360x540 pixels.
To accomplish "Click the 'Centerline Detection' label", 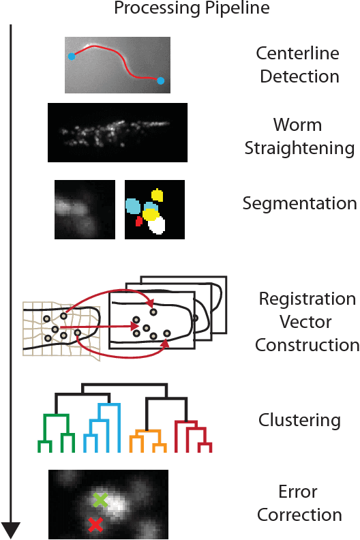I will click(297, 64).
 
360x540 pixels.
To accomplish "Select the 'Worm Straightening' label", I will click(298, 137).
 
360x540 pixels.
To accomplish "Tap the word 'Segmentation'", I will click(299, 203).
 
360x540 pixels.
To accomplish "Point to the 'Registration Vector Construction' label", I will click(307, 322).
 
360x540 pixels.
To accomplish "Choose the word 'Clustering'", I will click(299, 419).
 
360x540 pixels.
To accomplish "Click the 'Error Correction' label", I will click(298, 503).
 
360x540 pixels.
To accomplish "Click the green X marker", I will click(100, 500).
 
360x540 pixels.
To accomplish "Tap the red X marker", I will click(95, 524).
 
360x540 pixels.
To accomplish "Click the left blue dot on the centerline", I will click(72, 57).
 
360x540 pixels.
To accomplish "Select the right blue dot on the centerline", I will click(160, 81).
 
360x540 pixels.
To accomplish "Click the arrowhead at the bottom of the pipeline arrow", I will click(12, 529).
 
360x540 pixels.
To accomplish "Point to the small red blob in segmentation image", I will click(139, 221).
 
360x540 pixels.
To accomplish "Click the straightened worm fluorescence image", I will click(117, 132).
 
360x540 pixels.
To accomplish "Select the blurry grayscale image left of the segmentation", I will click(85, 209).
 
